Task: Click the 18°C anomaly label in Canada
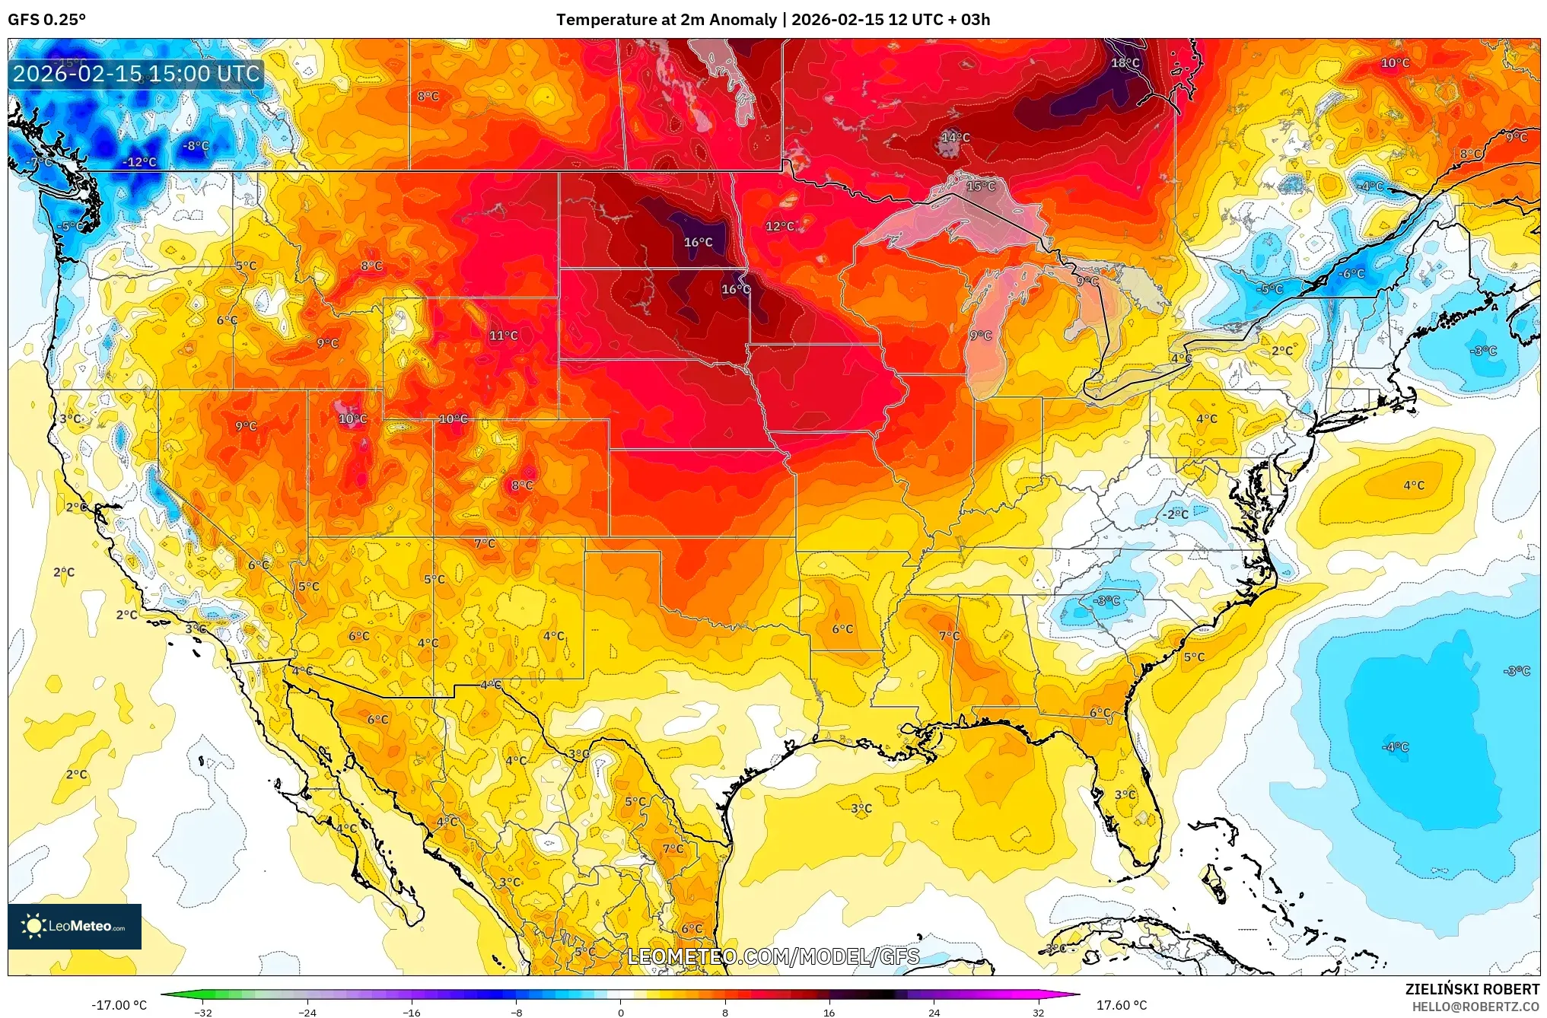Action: pos(1125,63)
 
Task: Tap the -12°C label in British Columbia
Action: pos(139,162)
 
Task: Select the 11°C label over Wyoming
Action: pos(503,336)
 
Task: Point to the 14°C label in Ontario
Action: pos(956,138)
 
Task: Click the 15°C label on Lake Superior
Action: pos(981,186)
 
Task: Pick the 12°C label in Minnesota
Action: pos(780,227)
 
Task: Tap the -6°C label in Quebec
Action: pos(1351,274)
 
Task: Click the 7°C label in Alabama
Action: pos(949,636)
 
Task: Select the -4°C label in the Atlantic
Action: pos(1396,747)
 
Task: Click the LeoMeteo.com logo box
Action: pos(75,926)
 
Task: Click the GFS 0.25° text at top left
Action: pos(46,20)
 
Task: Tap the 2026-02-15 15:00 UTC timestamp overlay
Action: pos(136,74)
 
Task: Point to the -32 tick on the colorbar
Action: pos(203,1012)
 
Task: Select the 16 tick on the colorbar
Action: pos(829,1012)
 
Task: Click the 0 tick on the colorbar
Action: pos(621,1012)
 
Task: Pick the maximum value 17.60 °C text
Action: pos(1121,1005)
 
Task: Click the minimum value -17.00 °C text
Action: pos(119,1005)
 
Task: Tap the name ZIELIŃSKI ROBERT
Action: pos(1472,989)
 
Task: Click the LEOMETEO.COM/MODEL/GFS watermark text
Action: pos(773,956)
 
